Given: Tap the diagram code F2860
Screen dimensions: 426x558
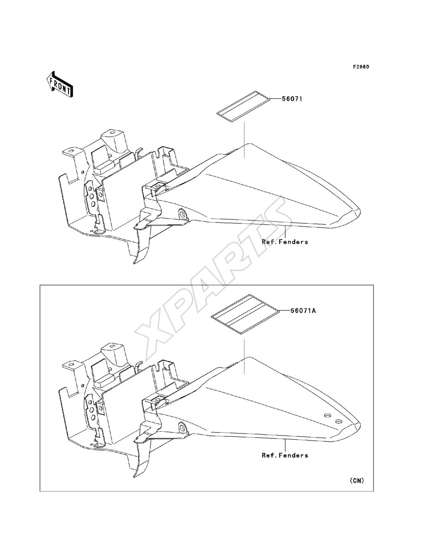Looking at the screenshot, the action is [x=361, y=67].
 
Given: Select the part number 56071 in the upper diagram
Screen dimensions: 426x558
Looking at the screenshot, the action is [x=292, y=98].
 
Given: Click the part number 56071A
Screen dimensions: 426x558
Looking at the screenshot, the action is [x=303, y=310].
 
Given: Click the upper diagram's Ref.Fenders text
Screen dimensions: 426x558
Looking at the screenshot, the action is [x=285, y=242].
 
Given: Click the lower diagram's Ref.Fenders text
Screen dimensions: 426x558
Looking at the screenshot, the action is [x=285, y=455].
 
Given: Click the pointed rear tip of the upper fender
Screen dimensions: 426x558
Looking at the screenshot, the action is [x=360, y=210].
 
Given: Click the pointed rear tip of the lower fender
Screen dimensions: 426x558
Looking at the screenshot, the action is [x=360, y=424].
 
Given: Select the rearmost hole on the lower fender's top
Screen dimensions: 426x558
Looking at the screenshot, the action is [x=338, y=422].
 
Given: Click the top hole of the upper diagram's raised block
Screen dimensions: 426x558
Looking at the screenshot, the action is [x=112, y=133].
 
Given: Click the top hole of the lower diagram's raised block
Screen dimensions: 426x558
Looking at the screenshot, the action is [x=112, y=346].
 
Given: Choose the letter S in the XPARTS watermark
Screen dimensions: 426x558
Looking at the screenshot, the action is [x=272, y=216].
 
